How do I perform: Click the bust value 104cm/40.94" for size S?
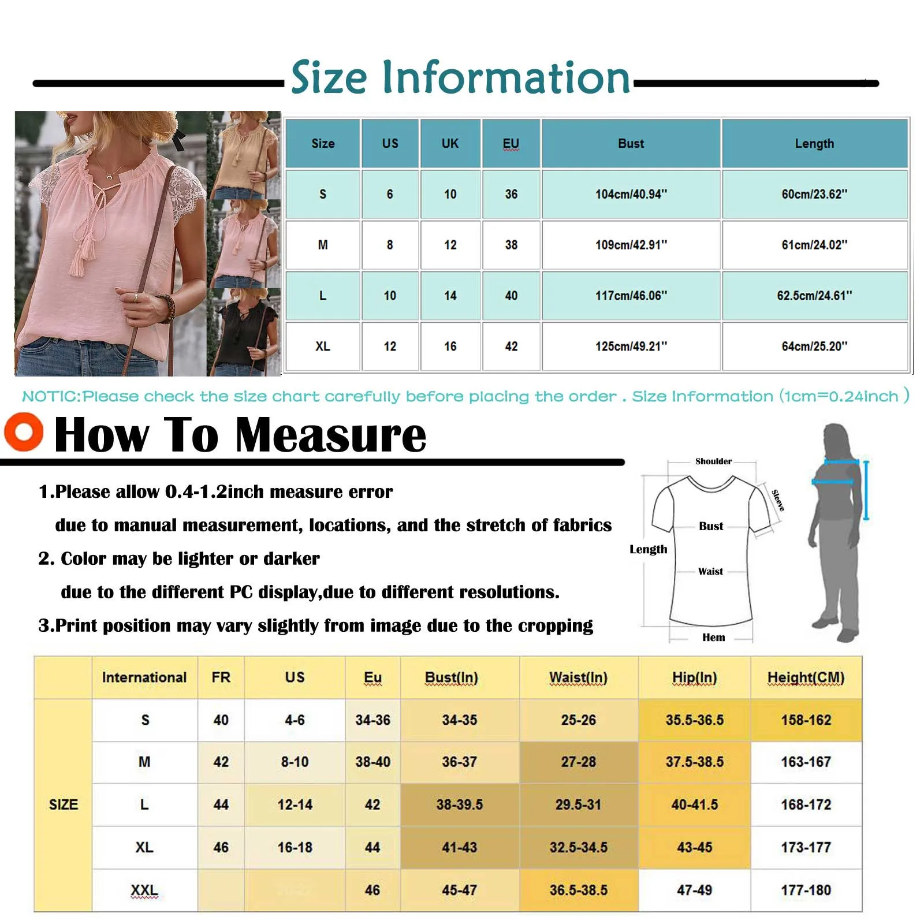pyautogui.click(x=631, y=194)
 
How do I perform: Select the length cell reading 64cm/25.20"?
pyautogui.click(x=814, y=346)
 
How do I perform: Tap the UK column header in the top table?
pyautogui.click(x=450, y=143)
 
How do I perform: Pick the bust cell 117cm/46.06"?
pyautogui.click(x=631, y=296)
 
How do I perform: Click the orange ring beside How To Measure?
pyautogui.click(x=24, y=431)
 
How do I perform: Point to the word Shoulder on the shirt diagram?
pyautogui.click(x=713, y=461)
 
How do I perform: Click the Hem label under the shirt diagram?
pyautogui.click(x=713, y=638)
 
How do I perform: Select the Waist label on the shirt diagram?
pyautogui.click(x=710, y=572)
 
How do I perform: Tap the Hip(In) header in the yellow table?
pyautogui.click(x=694, y=677)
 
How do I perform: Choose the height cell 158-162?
pyautogui.click(x=806, y=720)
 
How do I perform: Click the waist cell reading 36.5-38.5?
pyautogui.click(x=578, y=890)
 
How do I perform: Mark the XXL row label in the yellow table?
pyautogui.click(x=144, y=890)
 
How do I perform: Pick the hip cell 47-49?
pyautogui.click(x=694, y=890)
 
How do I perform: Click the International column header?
pyautogui.click(x=144, y=677)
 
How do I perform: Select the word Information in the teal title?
pyautogui.click(x=506, y=78)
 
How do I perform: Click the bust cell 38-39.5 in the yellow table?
pyautogui.click(x=459, y=804)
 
